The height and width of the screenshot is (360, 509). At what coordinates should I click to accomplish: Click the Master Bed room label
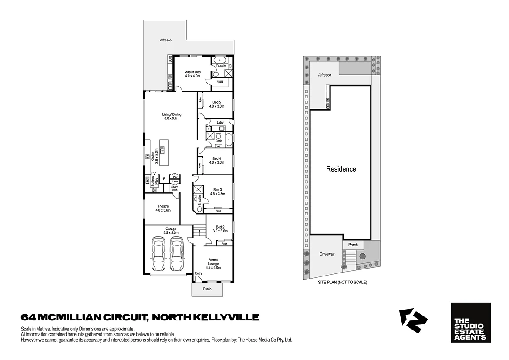pyautogui.click(x=192, y=74)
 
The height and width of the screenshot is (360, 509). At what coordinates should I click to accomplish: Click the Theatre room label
pyautogui.click(x=163, y=208)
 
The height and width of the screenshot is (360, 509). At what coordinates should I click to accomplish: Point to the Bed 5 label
pyautogui.click(x=216, y=104)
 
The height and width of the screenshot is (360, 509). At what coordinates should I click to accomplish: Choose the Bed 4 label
pyautogui.click(x=216, y=161)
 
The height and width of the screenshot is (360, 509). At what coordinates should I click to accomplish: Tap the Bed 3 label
pyautogui.click(x=217, y=192)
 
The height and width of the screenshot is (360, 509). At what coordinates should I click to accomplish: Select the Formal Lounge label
pyautogui.click(x=213, y=263)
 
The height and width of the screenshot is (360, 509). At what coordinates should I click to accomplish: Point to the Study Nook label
pyautogui.click(x=174, y=188)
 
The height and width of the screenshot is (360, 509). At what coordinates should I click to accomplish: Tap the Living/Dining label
pyautogui.click(x=172, y=116)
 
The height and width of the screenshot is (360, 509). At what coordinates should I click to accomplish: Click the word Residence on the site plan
pyautogui.click(x=341, y=169)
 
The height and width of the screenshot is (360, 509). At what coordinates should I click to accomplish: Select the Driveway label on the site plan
pyautogui.click(x=327, y=254)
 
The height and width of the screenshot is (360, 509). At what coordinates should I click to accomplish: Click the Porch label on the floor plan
pyautogui.click(x=207, y=289)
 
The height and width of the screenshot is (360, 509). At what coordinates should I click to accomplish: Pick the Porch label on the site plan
pyautogui.click(x=353, y=245)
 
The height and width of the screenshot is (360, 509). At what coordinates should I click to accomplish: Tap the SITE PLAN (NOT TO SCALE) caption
pyautogui.click(x=342, y=282)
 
